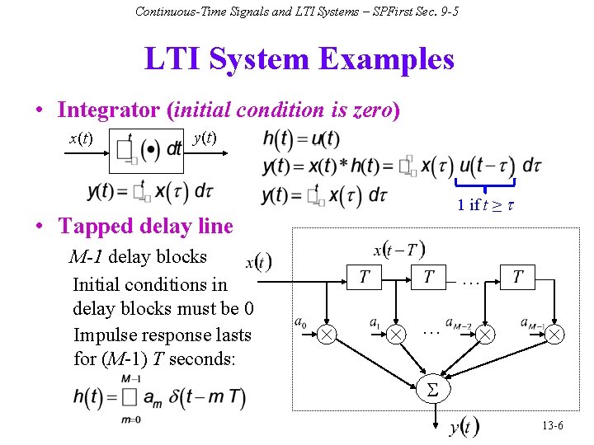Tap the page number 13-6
(x=553, y=425)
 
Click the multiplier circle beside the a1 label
(x=398, y=334)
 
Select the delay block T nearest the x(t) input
(x=363, y=276)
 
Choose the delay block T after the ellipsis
(x=517, y=276)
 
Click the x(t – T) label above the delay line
(x=399, y=249)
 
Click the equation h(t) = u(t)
(x=301, y=139)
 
